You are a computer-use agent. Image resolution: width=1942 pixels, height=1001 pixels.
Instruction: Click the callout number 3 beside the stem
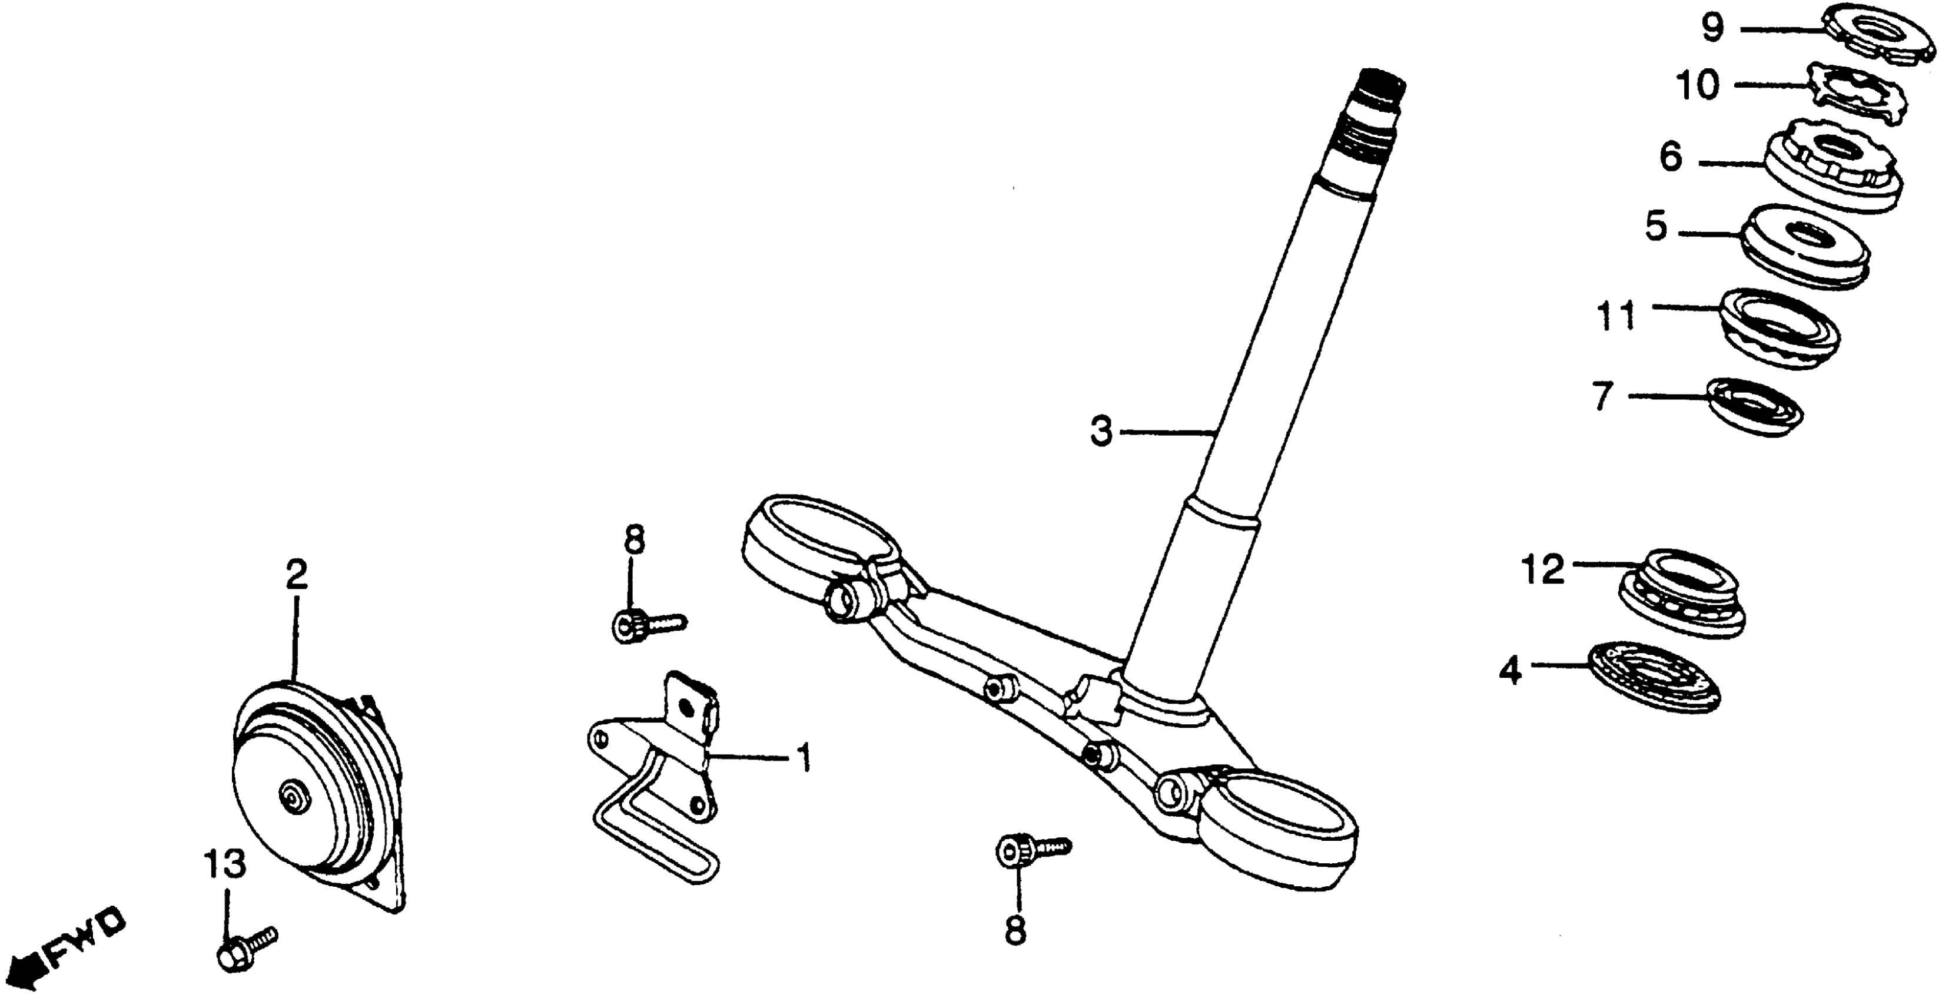pos(1101,432)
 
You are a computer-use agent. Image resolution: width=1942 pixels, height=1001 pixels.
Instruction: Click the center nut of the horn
pos(290,795)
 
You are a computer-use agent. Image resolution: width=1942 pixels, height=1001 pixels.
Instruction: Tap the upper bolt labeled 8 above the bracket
pos(645,626)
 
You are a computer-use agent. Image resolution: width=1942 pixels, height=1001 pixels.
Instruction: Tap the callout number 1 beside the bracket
pos(804,758)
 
